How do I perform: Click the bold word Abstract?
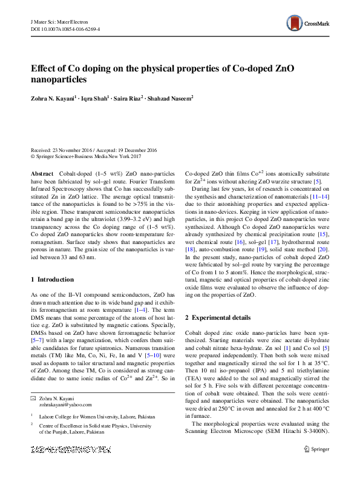coord(41,173)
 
